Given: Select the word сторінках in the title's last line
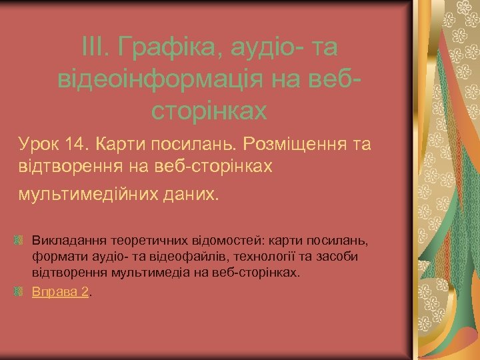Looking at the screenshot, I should pyautogui.click(x=209, y=111).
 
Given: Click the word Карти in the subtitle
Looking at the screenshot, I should pyautogui.click(x=119, y=143).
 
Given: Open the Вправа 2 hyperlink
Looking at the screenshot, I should pyautogui.click(x=61, y=292).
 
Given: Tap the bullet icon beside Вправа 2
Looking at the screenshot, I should pyautogui.click(x=20, y=291).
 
